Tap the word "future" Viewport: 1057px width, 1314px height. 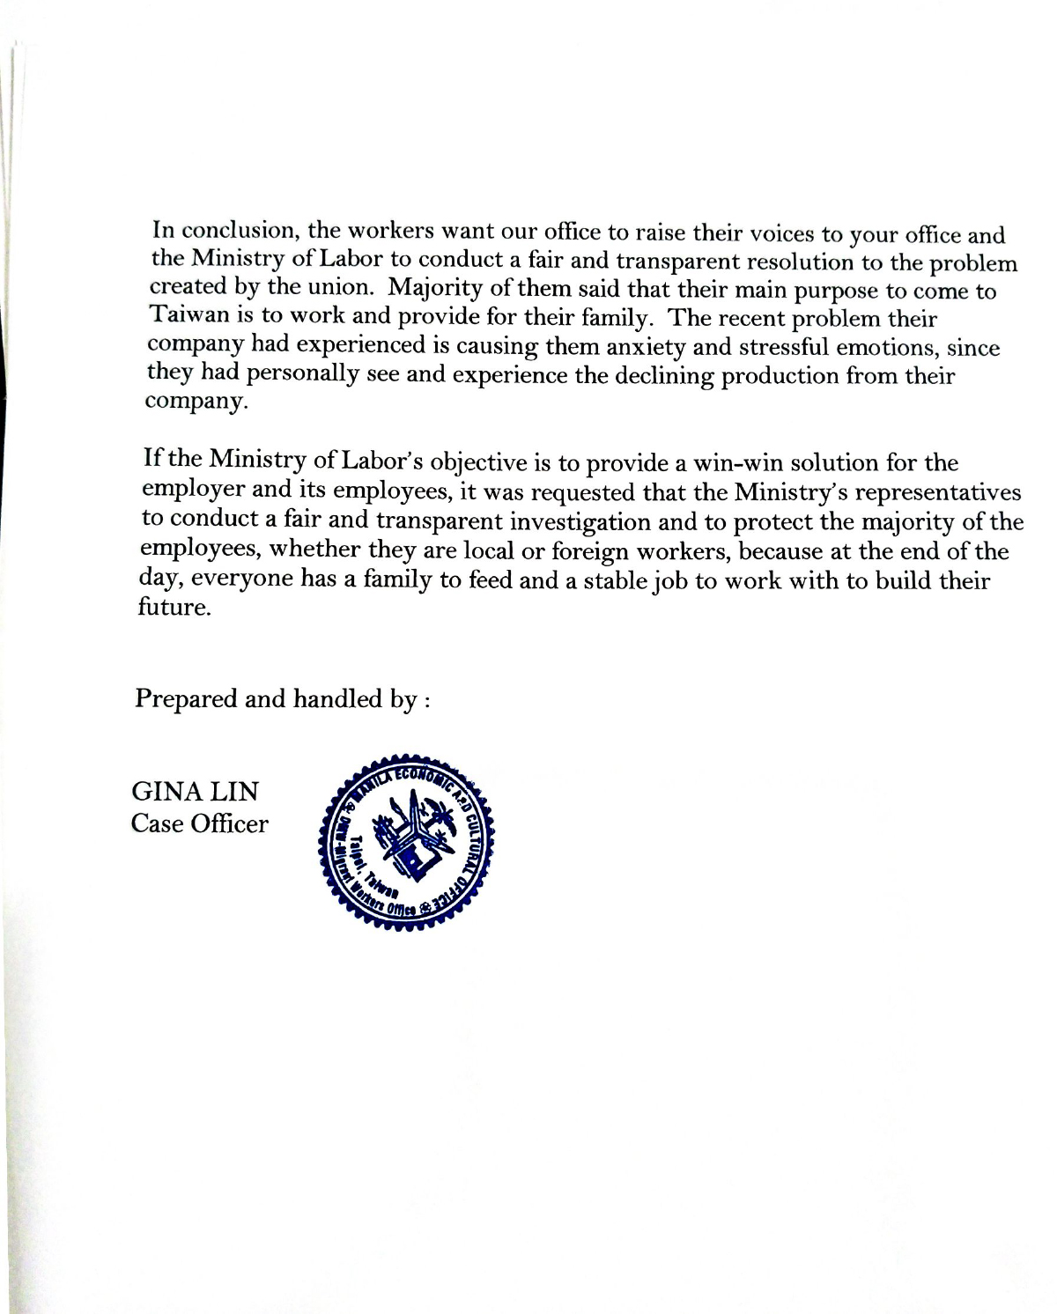point(174,608)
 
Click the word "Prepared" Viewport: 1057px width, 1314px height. point(186,698)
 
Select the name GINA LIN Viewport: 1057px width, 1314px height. point(195,791)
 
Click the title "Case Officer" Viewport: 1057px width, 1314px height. point(199,823)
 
